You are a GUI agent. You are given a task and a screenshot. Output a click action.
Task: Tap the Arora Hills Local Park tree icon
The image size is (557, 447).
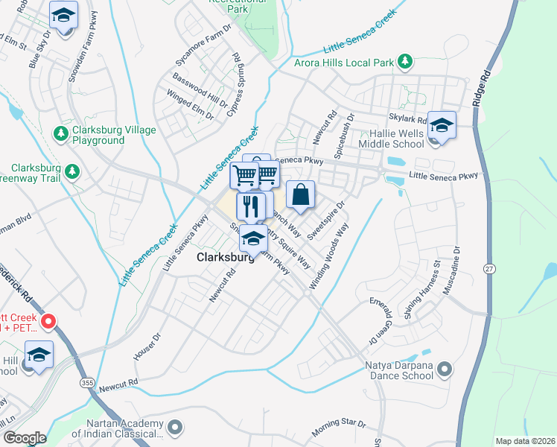click(404, 60)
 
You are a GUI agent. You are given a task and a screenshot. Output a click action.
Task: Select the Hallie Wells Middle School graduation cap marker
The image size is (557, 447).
click(442, 125)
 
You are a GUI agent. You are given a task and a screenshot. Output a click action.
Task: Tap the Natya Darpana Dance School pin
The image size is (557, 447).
click(445, 369)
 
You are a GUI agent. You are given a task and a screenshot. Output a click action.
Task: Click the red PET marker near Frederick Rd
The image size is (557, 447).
click(49, 323)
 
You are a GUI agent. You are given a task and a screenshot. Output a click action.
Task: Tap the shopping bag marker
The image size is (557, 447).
click(300, 194)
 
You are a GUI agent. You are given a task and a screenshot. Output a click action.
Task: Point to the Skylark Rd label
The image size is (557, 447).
click(407, 119)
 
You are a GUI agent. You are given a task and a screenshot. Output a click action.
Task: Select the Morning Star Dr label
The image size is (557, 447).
click(339, 428)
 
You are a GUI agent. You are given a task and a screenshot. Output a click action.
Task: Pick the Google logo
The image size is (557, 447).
click(25, 438)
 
